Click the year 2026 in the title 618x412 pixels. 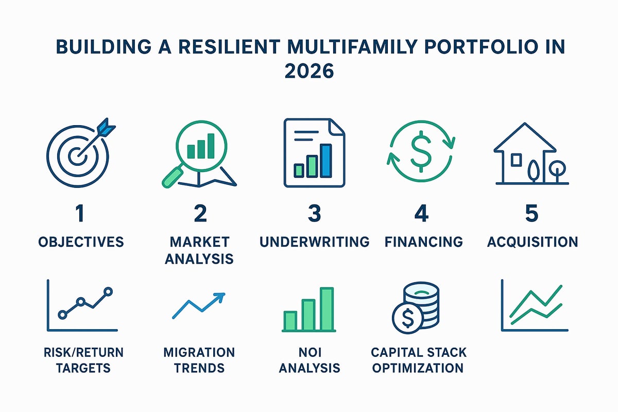pos(309,71)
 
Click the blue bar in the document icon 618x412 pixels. pos(325,160)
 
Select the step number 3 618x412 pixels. pos(314,213)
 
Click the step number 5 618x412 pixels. pos(531,213)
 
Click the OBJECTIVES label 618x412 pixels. pos(81,242)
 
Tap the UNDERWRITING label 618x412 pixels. pos(314,242)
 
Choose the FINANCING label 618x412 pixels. pos(423,242)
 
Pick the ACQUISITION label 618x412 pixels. pos(532,242)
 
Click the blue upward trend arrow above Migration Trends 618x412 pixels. pos(199,305)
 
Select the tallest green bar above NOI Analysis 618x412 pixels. pos(327,308)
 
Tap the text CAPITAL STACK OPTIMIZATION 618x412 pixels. pos(418,360)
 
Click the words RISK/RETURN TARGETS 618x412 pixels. pos(83,360)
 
